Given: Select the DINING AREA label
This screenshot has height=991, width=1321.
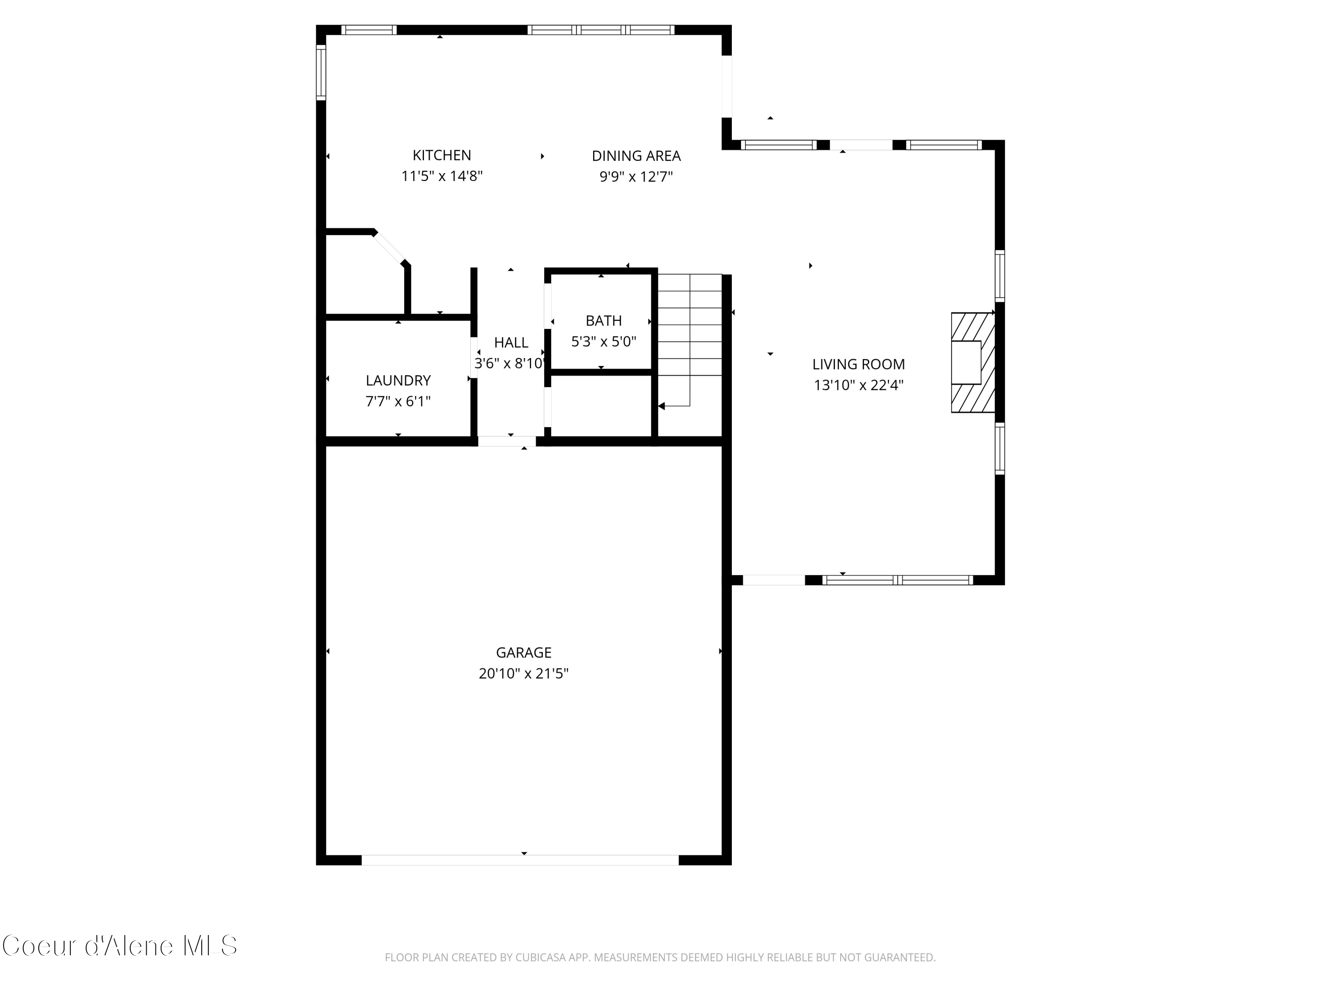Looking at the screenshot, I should (x=635, y=156).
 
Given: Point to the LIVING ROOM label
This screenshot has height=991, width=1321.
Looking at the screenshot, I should (x=858, y=364).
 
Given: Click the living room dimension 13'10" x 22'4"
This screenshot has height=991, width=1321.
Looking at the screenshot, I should (x=858, y=385).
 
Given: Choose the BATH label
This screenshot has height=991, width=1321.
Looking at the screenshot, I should (x=603, y=321).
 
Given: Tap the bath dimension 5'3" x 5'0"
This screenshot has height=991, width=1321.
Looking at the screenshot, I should (x=603, y=342).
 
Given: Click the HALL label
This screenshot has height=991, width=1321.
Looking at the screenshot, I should (x=511, y=343).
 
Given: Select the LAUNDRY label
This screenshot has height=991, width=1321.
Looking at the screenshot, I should (x=398, y=381).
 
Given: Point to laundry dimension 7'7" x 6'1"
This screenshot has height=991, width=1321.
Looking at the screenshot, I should (x=398, y=401).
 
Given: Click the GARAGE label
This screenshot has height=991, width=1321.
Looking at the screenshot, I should (x=523, y=653).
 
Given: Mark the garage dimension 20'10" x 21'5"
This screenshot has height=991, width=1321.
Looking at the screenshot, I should (x=523, y=674).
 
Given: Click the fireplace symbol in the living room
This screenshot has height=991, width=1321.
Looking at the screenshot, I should (x=972, y=362).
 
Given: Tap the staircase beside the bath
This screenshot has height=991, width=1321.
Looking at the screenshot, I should (x=690, y=334).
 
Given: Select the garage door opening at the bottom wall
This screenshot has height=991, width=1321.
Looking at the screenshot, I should (x=520, y=860).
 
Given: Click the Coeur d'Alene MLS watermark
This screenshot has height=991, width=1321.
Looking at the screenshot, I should (x=119, y=946).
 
